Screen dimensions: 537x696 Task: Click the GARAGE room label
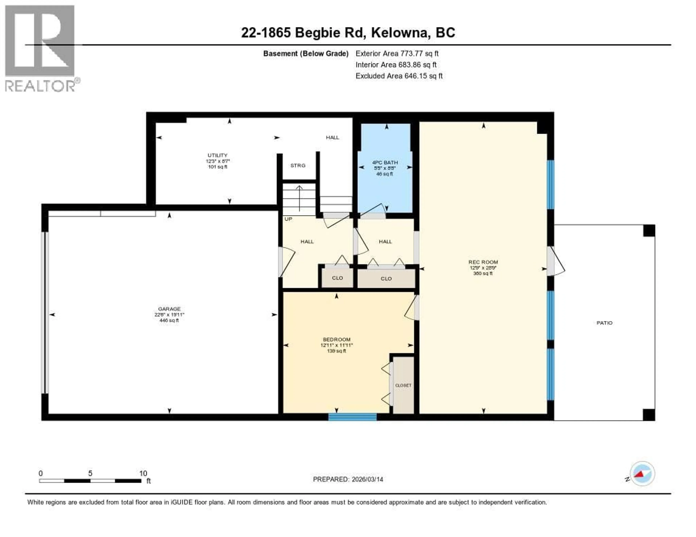pos(169,309)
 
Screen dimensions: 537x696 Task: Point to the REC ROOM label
pos(483,262)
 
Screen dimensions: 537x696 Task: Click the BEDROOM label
pos(337,339)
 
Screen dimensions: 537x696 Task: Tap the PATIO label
pos(604,323)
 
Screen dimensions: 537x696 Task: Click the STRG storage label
pos(298,165)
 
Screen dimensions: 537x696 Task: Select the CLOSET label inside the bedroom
pos(403,385)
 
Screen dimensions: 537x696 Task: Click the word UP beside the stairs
pos(288,219)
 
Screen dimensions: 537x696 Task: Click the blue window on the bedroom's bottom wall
pos(353,417)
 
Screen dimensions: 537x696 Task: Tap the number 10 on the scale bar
pos(143,473)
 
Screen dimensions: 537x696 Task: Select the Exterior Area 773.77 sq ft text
pos(397,53)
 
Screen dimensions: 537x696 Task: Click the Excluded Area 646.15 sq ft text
pos(399,76)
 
